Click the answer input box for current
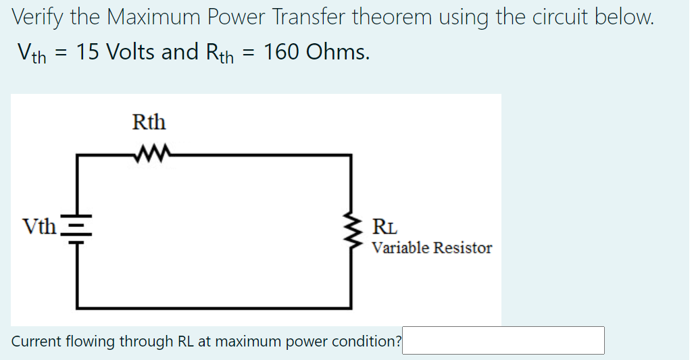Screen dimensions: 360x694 [503, 340]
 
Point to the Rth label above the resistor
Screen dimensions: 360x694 [149, 123]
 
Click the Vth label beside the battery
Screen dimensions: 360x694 [39, 226]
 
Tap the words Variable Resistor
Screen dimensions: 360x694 [432, 248]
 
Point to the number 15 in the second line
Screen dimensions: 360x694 [87, 51]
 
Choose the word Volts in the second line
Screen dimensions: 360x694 [130, 51]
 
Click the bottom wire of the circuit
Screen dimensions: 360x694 [214, 307]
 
